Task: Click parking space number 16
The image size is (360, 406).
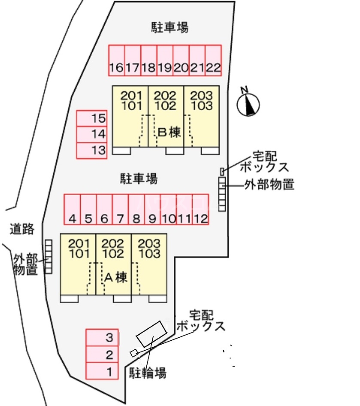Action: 116,61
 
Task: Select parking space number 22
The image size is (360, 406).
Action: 213,61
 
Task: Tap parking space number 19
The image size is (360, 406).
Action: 165,61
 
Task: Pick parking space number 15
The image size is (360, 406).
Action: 92,118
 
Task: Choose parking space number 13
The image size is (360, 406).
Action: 92,150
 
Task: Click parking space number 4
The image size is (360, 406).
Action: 72,209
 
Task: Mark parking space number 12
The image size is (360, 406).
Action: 200,209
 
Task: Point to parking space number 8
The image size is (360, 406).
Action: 136,209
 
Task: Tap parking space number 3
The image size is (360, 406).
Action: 102,337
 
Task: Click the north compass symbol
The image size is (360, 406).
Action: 248,104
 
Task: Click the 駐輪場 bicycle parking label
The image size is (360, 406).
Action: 148,373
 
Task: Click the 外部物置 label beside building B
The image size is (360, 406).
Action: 269,185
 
